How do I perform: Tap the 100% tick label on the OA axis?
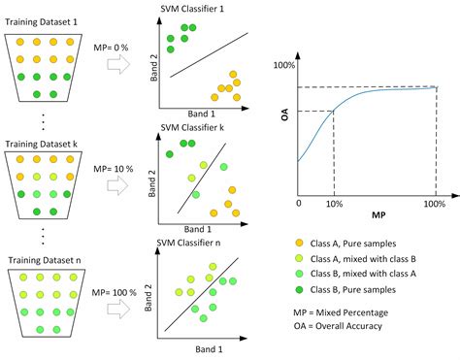(283, 66)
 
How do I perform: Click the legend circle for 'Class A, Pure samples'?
(300, 243)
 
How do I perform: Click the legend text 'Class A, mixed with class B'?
(373, 260)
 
